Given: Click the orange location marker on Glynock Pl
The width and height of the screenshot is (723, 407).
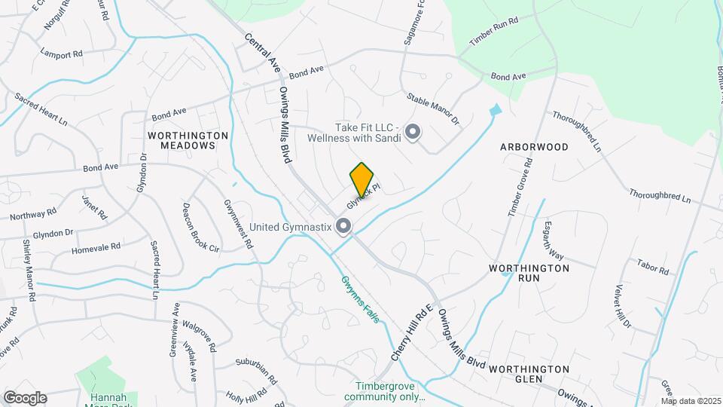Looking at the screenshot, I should click(361, 179).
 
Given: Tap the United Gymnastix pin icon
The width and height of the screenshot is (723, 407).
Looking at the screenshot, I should click(344, 225).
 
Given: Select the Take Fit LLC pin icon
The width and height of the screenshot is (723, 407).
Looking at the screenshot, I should click(413, 133).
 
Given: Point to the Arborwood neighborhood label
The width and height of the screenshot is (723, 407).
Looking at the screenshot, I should click(534, 147).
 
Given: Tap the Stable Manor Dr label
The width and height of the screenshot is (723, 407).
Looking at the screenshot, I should click(433, 109).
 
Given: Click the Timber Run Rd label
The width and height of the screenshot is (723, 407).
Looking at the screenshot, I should click(494, 32).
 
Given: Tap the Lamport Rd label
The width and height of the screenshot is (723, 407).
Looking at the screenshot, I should click(62, 54).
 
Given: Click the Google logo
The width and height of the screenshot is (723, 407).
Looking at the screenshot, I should click(25, 397).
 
